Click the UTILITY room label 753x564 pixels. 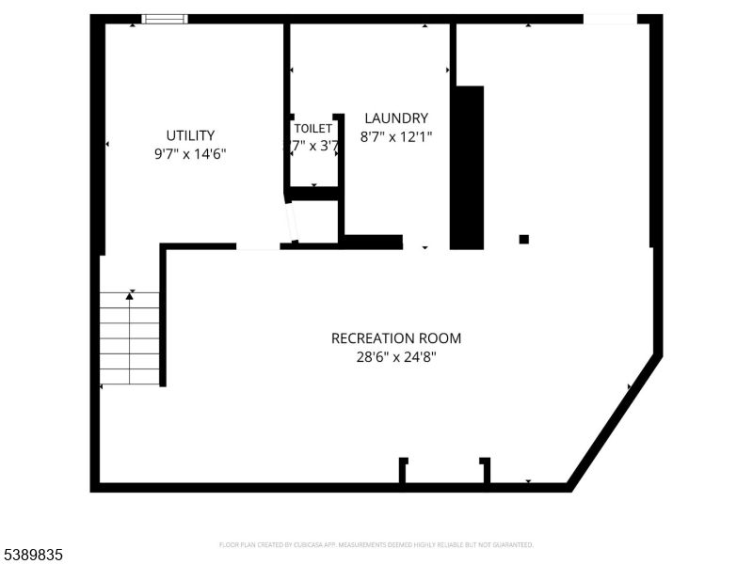[190, 135]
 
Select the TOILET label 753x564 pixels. [312, 128]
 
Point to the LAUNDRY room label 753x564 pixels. [396, 118]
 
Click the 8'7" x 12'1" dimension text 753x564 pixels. [396, 136]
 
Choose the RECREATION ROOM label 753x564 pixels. [396, 338]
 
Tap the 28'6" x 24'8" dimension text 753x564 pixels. [396, 357]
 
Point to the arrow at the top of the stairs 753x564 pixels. [130, 295]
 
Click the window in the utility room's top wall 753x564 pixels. [165, 19]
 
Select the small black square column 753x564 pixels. [524, 239]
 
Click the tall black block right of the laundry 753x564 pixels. [468, 167]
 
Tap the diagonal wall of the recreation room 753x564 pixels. [614, 420]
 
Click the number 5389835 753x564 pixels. [32, 556]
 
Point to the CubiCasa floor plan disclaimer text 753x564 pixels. [376, 544]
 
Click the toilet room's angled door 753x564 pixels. [292, 222]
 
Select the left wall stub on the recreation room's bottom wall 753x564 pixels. [403, 470]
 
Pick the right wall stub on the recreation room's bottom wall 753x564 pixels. [485, 470]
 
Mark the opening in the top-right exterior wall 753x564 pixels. [610, 19]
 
